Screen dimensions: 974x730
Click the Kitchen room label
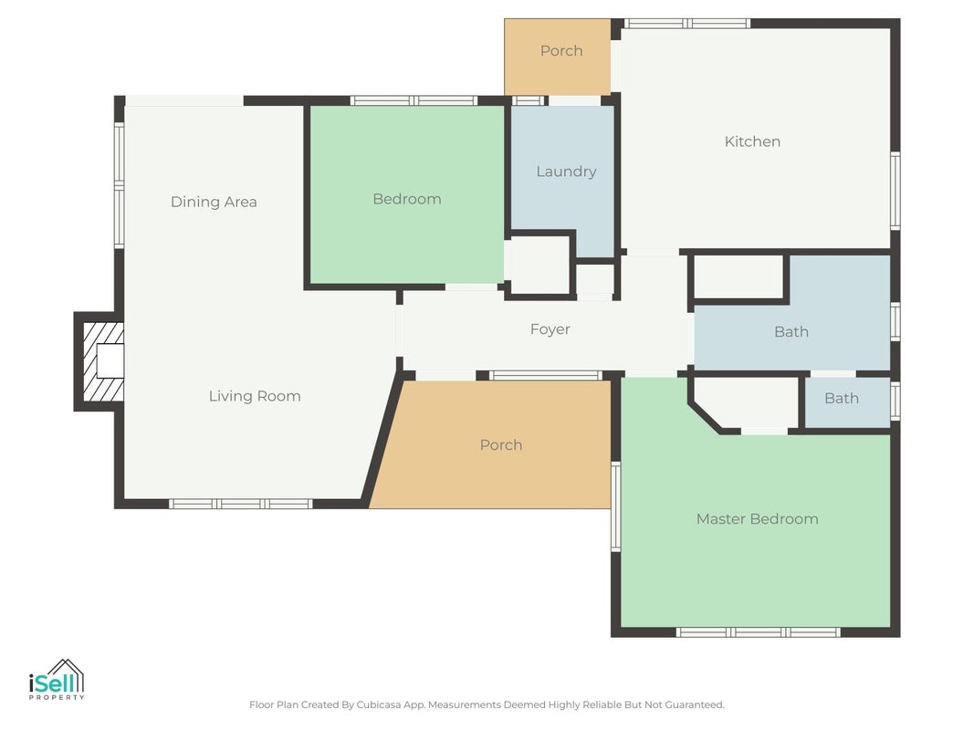(x=752, y=141)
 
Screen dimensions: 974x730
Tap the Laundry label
(x=566, y=172)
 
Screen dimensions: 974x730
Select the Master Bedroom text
(x=758, y=519)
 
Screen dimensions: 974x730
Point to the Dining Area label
(x=214, y=202)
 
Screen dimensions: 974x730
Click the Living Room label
(x=255, y=396)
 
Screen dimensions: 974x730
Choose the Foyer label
(x=550, y=329)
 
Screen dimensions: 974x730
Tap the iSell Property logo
(x=57, y=679)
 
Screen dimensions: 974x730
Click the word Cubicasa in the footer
(x=379, y=704)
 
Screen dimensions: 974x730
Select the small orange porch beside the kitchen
(x=557, y=57)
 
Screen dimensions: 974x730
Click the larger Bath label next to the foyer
(x=791, y=332)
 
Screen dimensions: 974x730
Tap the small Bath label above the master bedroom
(x=842, y=399)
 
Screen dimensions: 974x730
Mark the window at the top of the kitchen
(x=687, y=24)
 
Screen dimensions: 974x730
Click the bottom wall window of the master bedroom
(x=758, y=632)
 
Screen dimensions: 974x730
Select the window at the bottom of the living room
(x=240, y=504)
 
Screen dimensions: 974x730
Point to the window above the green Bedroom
(x=414, y=100)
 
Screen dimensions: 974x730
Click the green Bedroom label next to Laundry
(x=407, y=199)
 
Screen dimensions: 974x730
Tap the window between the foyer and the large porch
(x=545, y=376)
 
